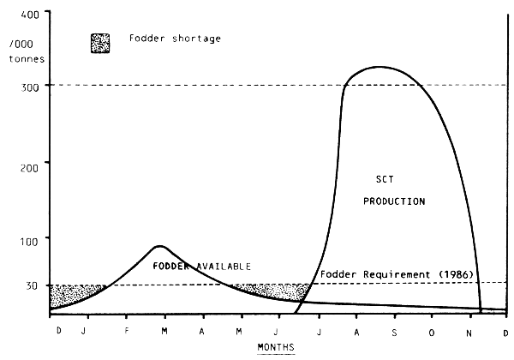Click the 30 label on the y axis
click(32, 285)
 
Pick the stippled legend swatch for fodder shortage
click(100, 41)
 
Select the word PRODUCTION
click(395, 201)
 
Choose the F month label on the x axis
click(127, 330)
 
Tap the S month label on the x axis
click(395, 330)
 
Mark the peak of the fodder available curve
click(160, 246)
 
